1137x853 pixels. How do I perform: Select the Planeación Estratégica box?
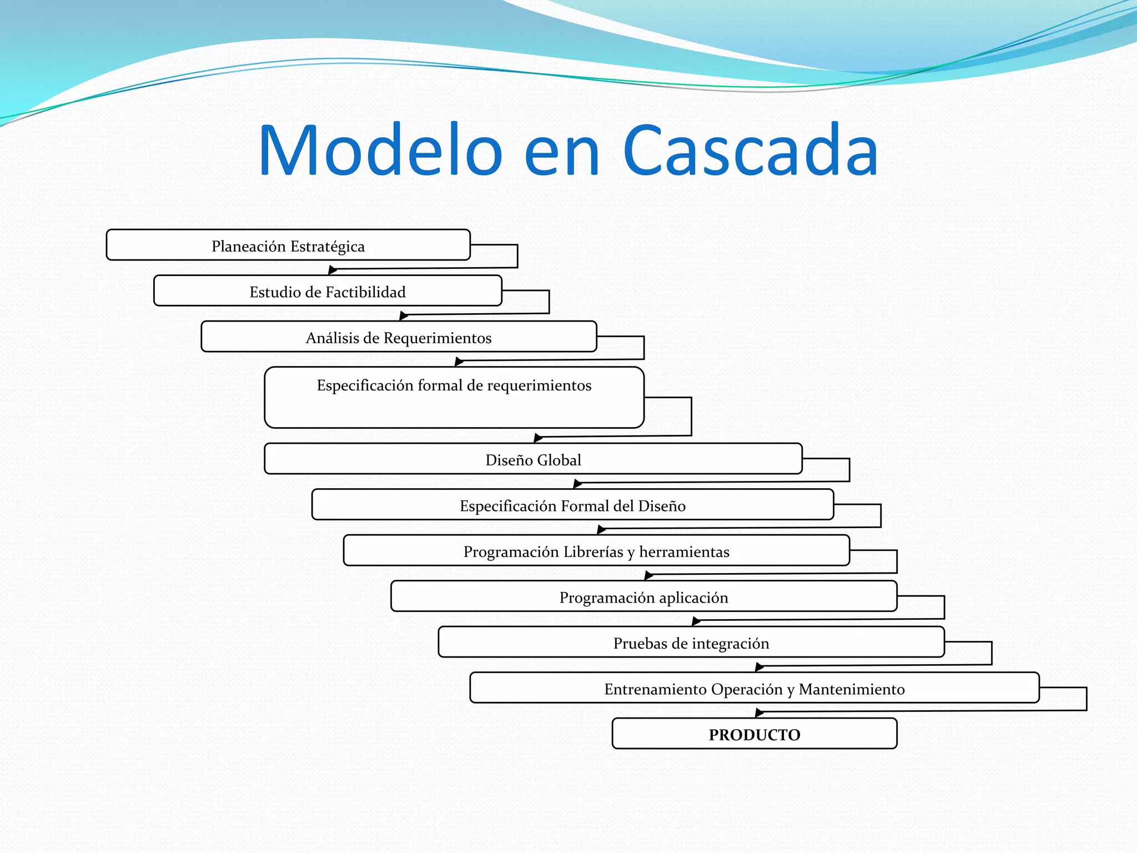[288, 245]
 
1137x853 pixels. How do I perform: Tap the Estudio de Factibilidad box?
[328, 292]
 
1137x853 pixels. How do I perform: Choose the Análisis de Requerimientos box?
[399, 338]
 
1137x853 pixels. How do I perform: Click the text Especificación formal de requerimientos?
[454, 385]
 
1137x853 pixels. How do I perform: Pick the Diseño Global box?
[533, 460]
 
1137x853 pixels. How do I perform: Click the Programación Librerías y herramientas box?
[596, 551]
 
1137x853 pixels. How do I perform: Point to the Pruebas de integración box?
[691, 643]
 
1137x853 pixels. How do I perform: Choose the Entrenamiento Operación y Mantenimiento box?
[754, 689]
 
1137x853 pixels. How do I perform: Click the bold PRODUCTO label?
[754, 735]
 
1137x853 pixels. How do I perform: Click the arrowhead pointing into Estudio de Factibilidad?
[333, 270]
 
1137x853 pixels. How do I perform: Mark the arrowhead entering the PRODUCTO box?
[759, 713]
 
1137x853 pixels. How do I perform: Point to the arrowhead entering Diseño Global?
[537, 439]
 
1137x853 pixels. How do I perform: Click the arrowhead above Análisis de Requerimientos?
[404, 317]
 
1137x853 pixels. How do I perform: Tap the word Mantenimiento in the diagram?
[852, 689]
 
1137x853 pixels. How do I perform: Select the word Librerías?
[593, 551]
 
